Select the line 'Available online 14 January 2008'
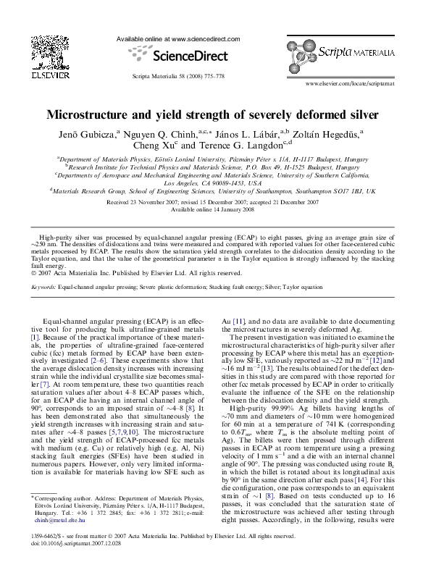coord(216,209)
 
